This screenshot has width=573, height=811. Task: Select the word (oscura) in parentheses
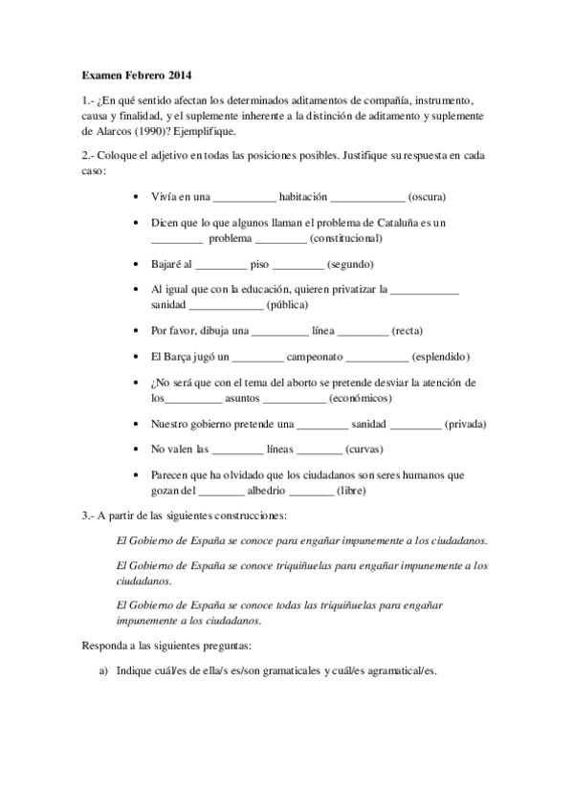[427, 197]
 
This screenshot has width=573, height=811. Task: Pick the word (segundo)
[350, 264]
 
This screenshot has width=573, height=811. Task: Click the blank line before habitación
[243, 199]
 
